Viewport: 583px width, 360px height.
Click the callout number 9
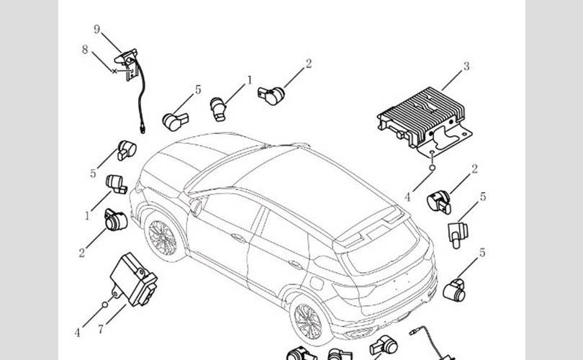tap(97, 30)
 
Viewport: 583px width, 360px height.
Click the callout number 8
tap(85, 49)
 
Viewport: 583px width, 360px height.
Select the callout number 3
tap(466, 66)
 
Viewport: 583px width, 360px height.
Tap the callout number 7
tap(101, 329)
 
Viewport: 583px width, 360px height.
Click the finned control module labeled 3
tap(425, 120)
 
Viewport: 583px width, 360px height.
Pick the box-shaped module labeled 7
tap(133, 279)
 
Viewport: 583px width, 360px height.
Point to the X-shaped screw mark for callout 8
tap(114, 71)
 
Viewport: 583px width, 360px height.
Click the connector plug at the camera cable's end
tap(143, 129)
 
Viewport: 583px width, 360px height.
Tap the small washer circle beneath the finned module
tap(432, 168)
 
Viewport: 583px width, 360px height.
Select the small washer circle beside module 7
tap(105, 305)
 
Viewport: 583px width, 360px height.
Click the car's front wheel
tap(163, 237)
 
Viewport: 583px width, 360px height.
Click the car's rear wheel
tap(309, 320)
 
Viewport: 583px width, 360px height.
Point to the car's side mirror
tap(196, 207)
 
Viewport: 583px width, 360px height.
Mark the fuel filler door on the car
tap(317, 283)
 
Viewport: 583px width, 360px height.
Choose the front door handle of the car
tap(238, 237)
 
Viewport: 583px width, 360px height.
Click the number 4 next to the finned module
tap(407, 197)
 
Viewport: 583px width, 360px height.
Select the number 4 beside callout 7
tap(77, 333)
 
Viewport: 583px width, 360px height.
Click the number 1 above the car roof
tap(250, 80)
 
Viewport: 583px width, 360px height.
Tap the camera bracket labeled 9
tap(127, 63)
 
